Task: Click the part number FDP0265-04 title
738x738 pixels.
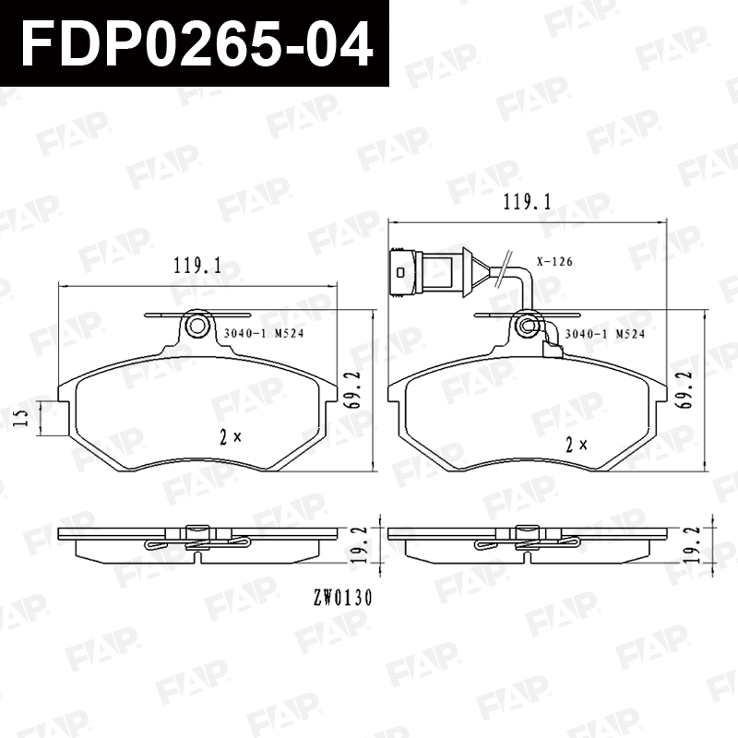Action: [x=197, y=43]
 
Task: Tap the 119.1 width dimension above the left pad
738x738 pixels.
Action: [x=197, y=266]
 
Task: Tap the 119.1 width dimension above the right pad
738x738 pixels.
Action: [x=527, y=202]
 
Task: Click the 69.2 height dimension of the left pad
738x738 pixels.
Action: [x=356, y=389]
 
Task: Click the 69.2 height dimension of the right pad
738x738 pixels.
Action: [x=686, y=389]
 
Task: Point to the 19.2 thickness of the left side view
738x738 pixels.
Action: [x=357, y=544]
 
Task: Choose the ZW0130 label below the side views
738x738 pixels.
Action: [x=342, y=598]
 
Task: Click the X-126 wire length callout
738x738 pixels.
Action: [x=555, y=261]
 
